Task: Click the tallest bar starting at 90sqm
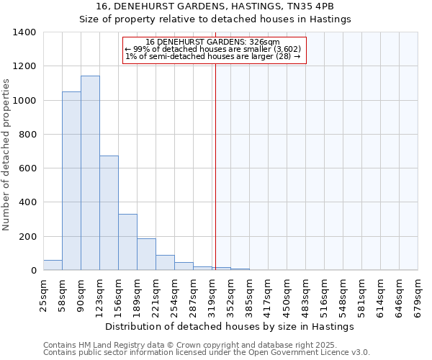90,173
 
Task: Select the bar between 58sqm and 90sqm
71,181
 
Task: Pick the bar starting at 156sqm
127,242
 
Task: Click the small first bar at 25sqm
53,265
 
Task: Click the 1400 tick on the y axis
24,32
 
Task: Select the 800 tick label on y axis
27,135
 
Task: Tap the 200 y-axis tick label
27,237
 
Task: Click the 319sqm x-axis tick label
212,293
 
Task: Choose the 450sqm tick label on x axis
287,293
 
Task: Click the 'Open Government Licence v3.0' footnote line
207,353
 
